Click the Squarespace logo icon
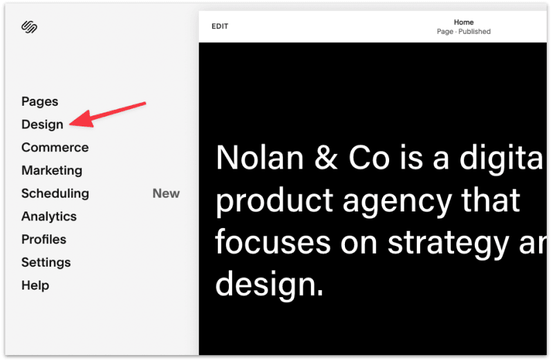29,28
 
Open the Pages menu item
40,102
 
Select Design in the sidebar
42,124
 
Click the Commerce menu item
55,147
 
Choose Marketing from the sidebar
52,170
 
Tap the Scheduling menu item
55,193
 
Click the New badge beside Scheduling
166,193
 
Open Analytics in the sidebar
49,216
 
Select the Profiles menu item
44,239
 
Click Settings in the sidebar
46,263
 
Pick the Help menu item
35,285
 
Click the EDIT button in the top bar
220,26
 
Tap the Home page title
464,22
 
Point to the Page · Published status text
464,32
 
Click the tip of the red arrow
72,124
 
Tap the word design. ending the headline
270,284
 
